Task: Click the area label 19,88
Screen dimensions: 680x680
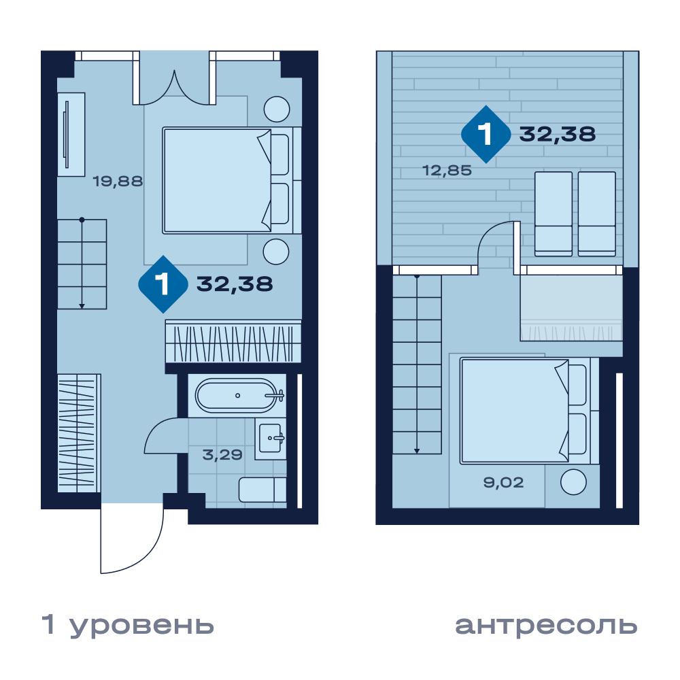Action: click(118, 181)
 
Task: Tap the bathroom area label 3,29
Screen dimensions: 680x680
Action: click(222, 454)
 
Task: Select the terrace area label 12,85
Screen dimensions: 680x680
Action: click(447, 170)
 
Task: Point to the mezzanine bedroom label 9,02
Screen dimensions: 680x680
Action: click(503, 482)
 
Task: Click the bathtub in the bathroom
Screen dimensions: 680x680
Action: click(237, 396)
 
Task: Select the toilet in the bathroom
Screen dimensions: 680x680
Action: click(262, 490)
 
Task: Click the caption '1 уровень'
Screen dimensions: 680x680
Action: click(128, 625)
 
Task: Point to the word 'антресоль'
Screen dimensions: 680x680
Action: click(546, 626)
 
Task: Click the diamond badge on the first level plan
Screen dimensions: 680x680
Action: click(163, 284)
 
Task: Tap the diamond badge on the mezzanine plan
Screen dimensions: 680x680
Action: click(486, 134)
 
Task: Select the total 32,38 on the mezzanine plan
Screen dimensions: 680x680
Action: click(558, 134)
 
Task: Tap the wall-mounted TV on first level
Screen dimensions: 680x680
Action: click(66, 134)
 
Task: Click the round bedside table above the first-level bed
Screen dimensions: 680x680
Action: click(277, 109)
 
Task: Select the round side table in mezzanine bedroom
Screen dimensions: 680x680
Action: click(573, 482)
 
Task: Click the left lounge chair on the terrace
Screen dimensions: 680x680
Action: click(554, 214)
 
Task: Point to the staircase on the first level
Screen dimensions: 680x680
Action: click(82, 264)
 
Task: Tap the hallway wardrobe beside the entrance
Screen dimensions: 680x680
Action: click(79, 433)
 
